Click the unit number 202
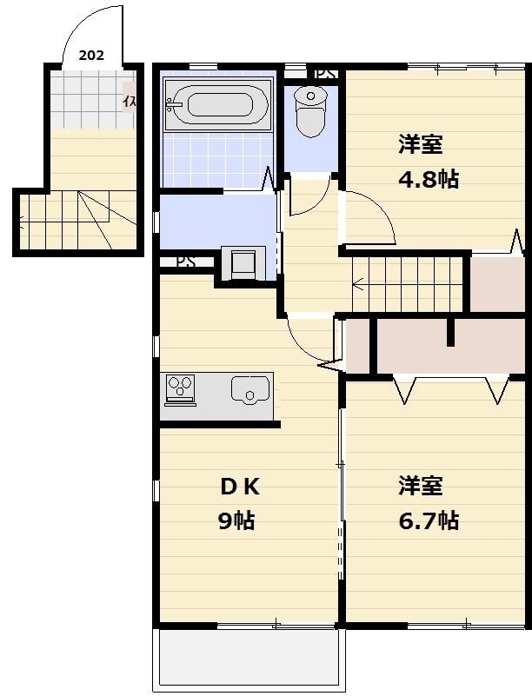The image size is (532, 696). [x=90, y=55]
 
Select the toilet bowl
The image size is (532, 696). [x=309, y=111]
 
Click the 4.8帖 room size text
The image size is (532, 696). [x=429, y=180]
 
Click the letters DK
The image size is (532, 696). [x=238, y=486]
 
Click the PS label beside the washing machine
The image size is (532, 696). [x=185, y=261]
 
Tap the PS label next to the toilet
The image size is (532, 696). [x=324, y=74]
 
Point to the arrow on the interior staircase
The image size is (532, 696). [x=357, y=282]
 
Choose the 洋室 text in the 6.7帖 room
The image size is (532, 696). [x=421, y=485]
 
